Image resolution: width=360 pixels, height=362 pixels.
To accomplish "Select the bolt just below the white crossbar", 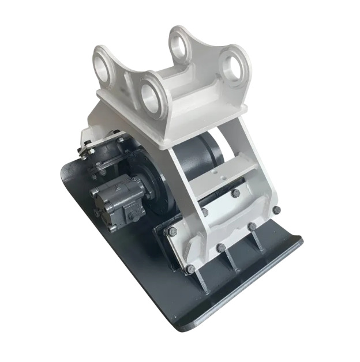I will click(235, 194).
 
